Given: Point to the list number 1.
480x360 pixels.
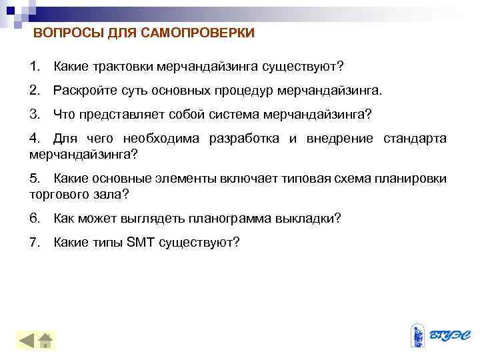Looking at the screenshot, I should click(35, 66).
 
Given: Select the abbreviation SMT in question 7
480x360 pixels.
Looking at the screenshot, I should click(139, 242).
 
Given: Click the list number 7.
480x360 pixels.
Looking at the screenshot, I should click(35, 242).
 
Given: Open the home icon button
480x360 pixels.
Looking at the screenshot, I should click(46, 341).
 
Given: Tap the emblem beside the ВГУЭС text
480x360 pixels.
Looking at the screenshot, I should click(418, 336).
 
